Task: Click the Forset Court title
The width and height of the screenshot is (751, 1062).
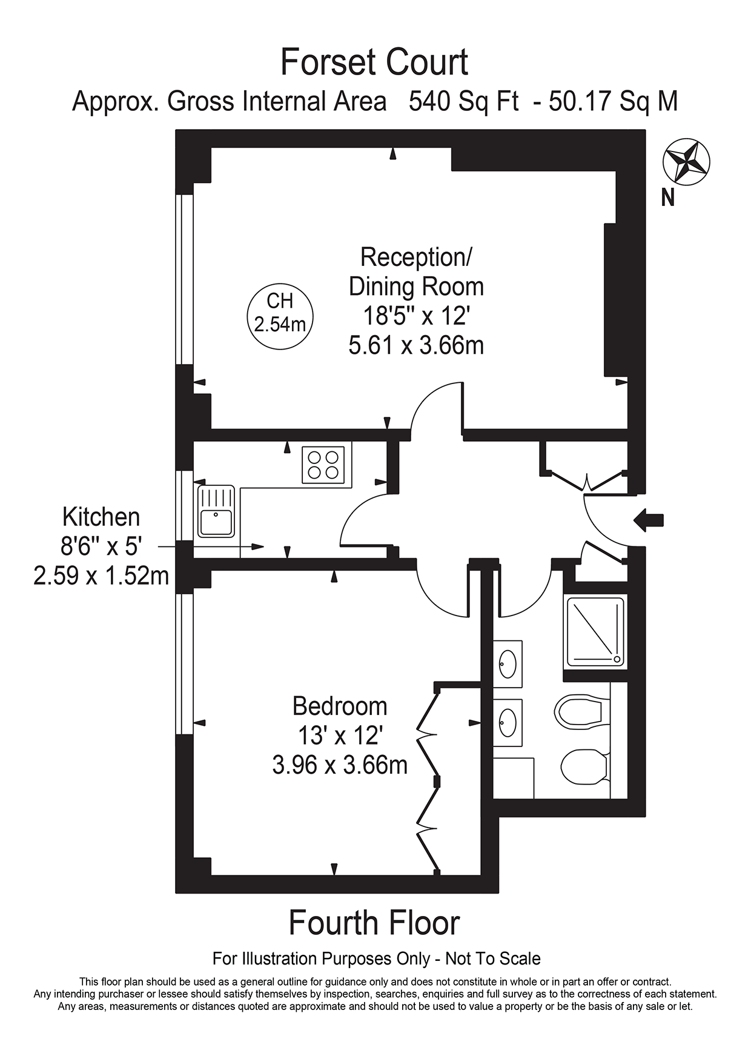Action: click(x=374, y=62)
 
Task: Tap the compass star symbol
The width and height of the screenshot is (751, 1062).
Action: click(x=687, y=162)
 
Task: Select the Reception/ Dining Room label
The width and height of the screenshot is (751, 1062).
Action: click(x=416, y=271)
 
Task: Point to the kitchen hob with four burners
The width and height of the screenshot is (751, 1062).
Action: click(x=323, y=464)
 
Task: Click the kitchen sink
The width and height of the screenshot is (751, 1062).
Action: click(x=216, y=511)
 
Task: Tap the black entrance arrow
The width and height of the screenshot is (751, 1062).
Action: click(x=648, y=520)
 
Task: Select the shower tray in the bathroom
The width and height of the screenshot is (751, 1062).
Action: click(x=594, y=631)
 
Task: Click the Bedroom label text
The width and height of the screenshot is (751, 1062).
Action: click(x=340, y=706)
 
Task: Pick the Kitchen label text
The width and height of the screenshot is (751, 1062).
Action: click(x=101, y=517)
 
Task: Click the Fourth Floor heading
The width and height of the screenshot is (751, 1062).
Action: click(x=374, y=923)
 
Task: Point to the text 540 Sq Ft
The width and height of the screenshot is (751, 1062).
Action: click(x=463, y=101)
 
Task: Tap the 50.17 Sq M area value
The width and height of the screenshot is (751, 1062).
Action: click(x=614, y=101)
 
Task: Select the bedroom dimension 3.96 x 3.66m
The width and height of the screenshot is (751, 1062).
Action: click(x=340, y=765)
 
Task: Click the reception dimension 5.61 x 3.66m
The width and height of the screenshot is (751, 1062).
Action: click(x=416, y=345)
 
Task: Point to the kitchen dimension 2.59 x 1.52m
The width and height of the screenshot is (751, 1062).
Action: click(x=101, y=576)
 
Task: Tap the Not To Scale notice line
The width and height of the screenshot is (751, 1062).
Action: click(x=376, y=959)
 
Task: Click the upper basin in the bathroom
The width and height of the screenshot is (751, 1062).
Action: click(x=508, y=664)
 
